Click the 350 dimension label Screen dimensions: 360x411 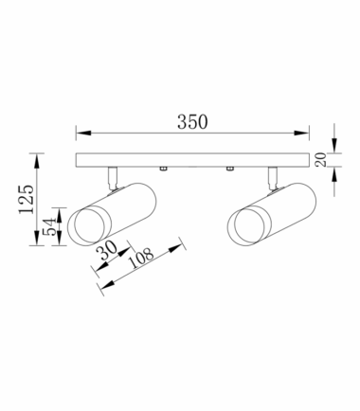(x=192, y=122)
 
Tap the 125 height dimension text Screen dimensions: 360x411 (x=27, y=199)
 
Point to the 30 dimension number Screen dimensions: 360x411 (x=106, y=251)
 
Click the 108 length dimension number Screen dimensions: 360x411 (x=141, y=258)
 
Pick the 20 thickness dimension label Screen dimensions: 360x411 (x=321, y=159)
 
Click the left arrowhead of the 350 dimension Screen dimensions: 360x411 (x=83, y=133)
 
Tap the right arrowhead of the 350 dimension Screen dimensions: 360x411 (x=301, y=133)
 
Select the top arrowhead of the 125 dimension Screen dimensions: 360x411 (x=37, y=161)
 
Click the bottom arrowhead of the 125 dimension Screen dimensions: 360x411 (x=37, y=239)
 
